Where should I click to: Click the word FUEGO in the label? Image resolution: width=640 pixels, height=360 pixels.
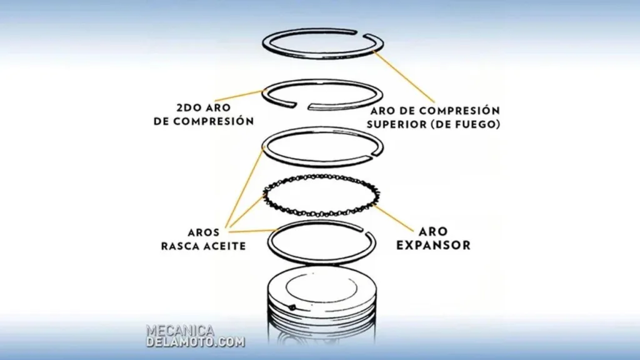click(x=475, y=124)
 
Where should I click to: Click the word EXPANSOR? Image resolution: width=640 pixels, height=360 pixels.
click(x=434, y=245)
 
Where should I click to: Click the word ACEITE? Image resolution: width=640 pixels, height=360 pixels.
click(x=226, y=246)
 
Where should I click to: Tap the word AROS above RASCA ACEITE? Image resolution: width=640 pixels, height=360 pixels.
click(x=203, y=232)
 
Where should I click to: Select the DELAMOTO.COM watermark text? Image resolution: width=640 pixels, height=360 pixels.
click(x=196, y=342)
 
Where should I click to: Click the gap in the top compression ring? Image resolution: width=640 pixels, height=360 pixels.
click(x=361, y=33)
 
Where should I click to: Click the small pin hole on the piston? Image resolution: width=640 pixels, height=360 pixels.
click(x=292, y=307)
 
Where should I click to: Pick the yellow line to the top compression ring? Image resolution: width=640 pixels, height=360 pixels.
click(x=404, y=77)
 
